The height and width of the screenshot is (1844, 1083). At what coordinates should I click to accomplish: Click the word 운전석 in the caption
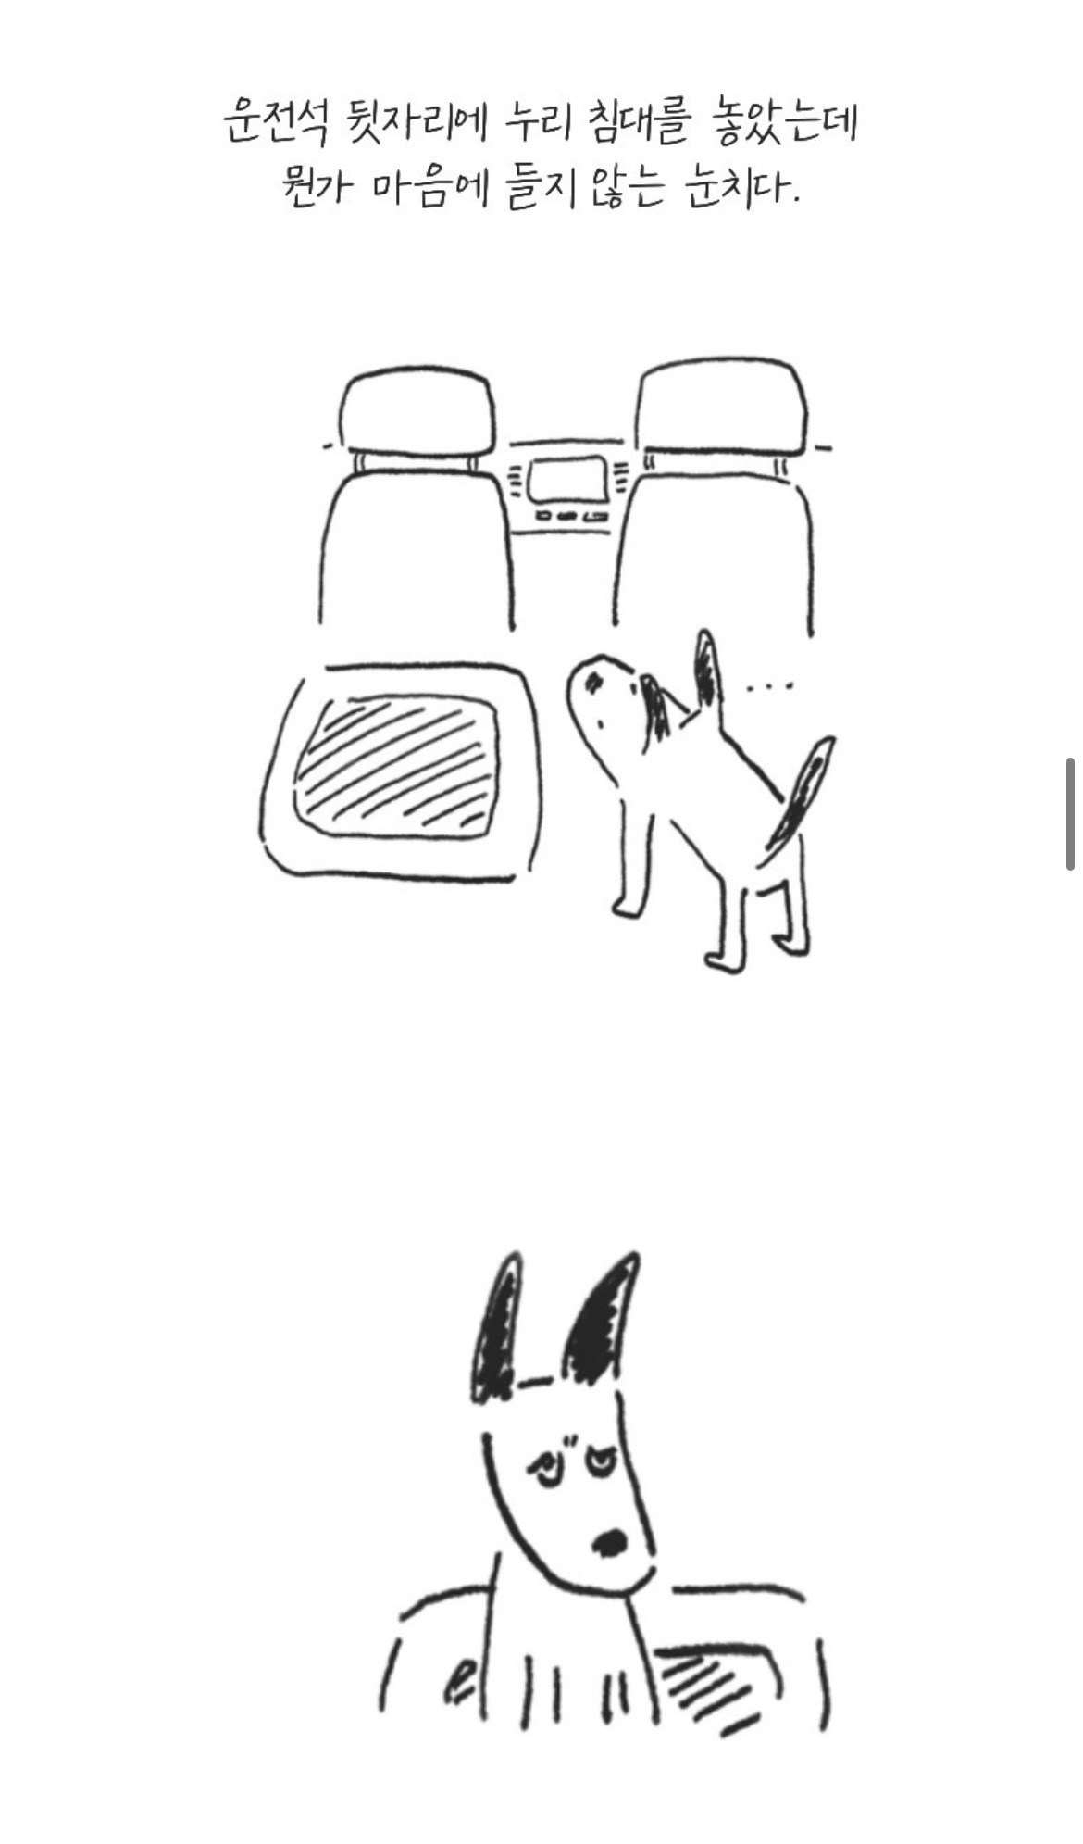click(x=276, y=122)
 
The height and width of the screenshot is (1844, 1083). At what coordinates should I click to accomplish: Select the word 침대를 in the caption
click(x=639, y=122)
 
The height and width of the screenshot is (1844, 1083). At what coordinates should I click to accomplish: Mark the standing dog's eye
click(x=593, y=684)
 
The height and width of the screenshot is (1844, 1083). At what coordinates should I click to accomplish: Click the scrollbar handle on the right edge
click(x=1070, y=814)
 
